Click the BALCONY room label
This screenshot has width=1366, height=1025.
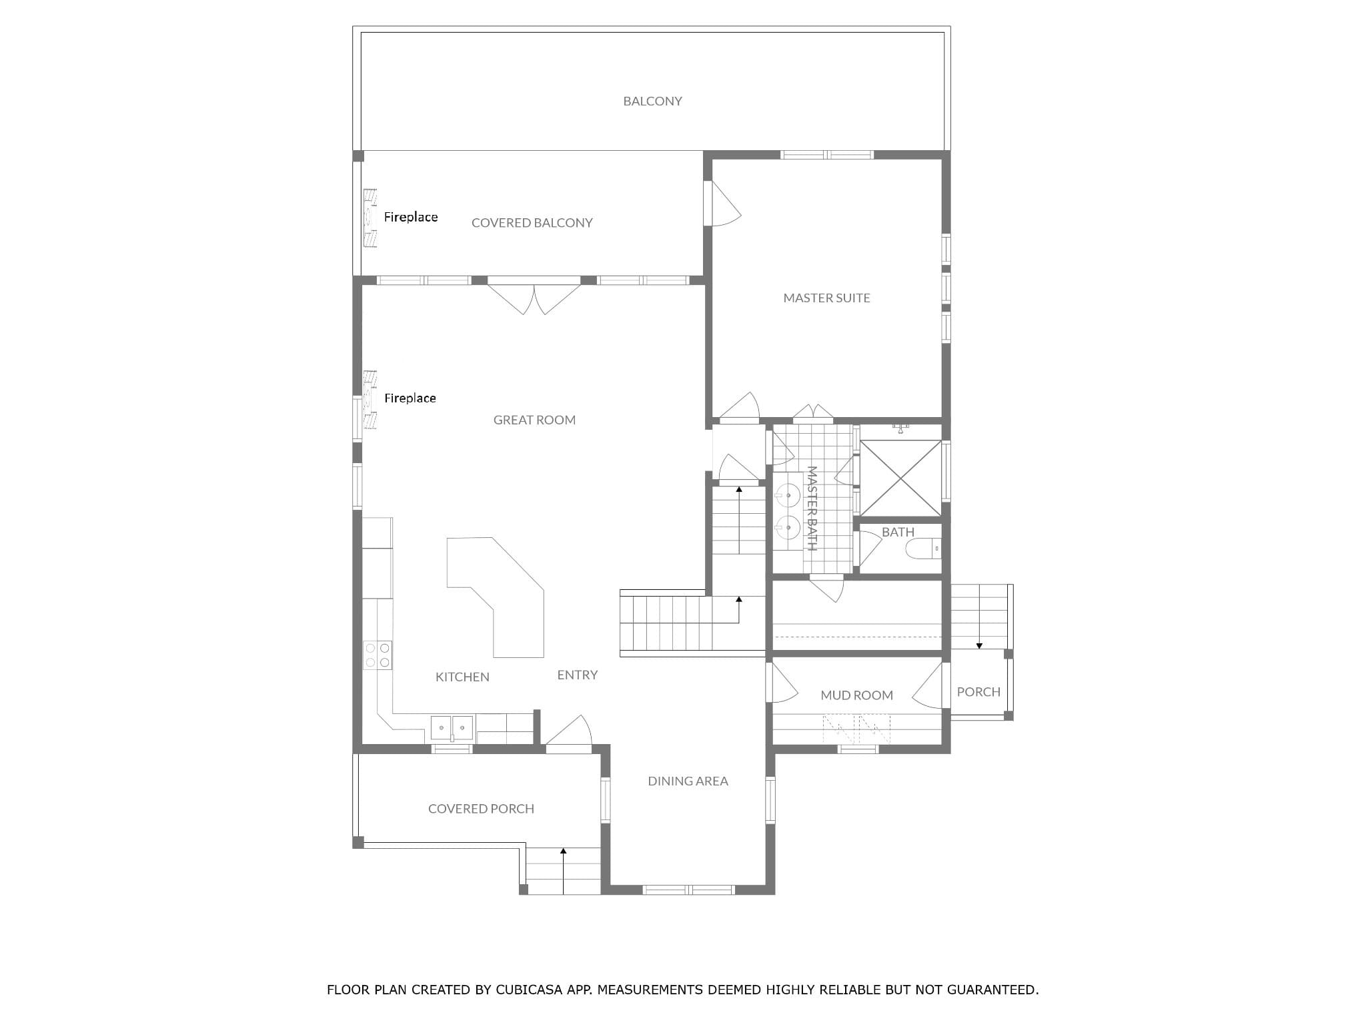(x=652, y=101)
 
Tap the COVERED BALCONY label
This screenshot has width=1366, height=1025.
(x=532, y=223)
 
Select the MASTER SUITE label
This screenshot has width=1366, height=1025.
(x=826, y=298)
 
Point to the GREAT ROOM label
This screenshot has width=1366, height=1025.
(x=534, y=420)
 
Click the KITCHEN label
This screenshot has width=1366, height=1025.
(x=462, y=677)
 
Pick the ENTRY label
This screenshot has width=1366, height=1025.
(x=577, y=675)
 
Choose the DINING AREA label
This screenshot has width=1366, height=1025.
(x=688, y=781)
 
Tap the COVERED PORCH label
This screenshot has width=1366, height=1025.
(x=481, y=809)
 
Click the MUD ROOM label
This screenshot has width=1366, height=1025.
(x=856, y=695)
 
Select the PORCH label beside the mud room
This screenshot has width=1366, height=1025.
(x=978, y=692)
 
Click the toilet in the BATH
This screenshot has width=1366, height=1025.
(x=923, y=549)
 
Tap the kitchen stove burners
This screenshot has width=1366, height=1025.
(x=378, y=655)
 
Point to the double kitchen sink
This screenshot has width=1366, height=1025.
(x=452, y=727)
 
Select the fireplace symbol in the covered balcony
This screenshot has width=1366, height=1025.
(x=370, y=218)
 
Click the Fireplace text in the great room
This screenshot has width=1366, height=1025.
(x=410, y=398)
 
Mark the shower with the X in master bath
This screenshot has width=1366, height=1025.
(x=900, y=478)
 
